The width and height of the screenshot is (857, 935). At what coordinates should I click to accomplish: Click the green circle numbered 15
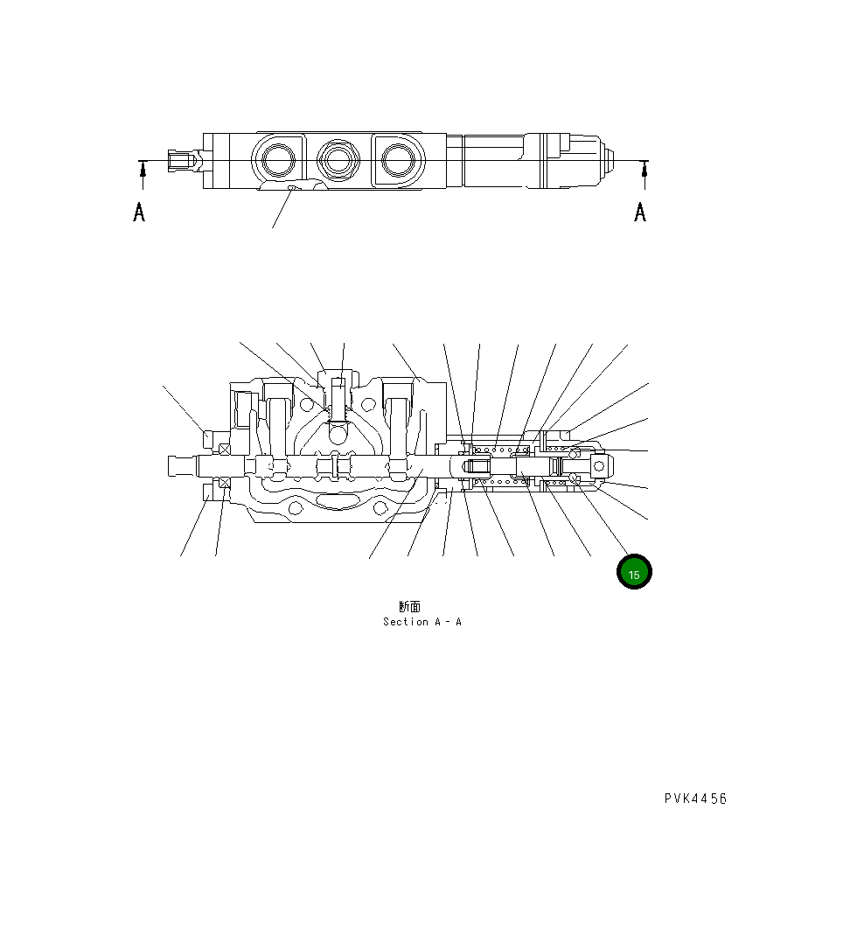click(634, 573)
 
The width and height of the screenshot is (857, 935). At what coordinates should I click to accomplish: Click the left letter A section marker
click(139, 212)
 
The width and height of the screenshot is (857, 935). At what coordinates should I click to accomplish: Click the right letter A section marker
click(640, 212)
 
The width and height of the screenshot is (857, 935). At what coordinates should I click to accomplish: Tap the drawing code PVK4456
click(695, 799)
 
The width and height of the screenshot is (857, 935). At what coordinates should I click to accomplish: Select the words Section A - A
click(422, 622)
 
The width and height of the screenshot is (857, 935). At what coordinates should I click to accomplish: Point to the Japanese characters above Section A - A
click(410, 606)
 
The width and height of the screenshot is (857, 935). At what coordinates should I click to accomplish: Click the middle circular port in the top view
click(337, 160)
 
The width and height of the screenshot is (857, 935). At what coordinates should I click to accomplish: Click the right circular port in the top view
click(398, 160)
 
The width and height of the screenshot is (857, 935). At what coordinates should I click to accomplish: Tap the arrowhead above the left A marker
click(143, 171)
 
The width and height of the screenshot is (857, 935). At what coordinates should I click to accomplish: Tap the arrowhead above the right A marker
click(644, 171)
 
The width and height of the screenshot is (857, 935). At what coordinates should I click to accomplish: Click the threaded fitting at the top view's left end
click(181, 161)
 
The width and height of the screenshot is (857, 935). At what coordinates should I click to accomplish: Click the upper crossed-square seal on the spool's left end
click(225, 449)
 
